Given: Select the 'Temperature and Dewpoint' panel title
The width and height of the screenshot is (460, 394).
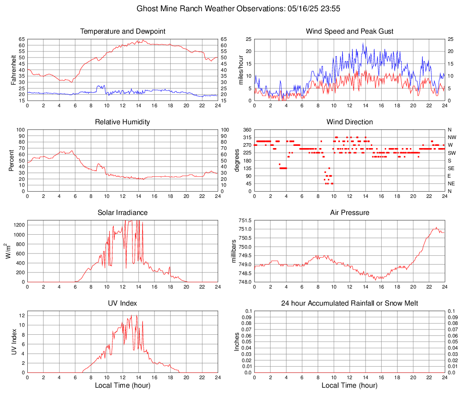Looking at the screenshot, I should (x=123, y=31).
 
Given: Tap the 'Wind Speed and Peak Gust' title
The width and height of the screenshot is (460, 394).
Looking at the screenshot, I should (x=349, y=31).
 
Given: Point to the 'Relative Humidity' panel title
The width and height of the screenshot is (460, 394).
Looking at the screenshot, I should (x=123, y=122).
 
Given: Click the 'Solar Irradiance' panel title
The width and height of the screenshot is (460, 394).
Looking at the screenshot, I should (x=123, y=213).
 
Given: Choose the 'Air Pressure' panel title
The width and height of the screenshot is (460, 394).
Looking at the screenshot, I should (x=349, y=213).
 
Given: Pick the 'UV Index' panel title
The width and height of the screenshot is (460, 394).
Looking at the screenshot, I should (x=123, y=303).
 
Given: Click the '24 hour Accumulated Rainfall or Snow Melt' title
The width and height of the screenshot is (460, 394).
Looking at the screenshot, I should (x=349, y=303).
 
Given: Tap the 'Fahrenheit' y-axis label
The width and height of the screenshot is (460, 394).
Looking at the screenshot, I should (x=13, y=70).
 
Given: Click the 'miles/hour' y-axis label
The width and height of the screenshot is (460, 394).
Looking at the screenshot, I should (x=240, y=70).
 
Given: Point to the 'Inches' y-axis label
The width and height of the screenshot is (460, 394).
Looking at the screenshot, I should (x=237, y=341).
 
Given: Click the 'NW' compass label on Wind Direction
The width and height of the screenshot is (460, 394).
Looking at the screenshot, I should (x=452, y=137).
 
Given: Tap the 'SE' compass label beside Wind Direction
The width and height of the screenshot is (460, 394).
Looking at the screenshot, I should (x=451, y=168).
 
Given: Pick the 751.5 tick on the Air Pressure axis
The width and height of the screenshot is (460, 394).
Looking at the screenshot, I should (x=245, y=220).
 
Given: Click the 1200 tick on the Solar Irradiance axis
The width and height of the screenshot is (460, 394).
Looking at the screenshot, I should (x=19, y=223).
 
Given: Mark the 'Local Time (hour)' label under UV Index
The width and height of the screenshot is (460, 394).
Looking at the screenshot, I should (x=123, y=385).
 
